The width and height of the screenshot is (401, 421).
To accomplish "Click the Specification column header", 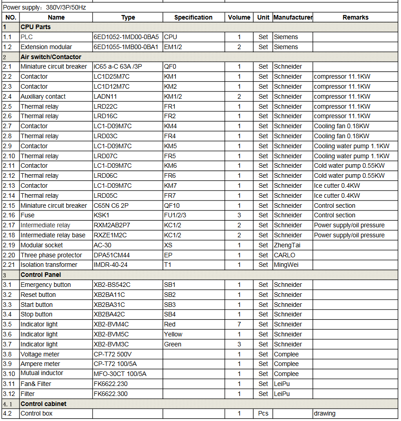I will tap(193, 17).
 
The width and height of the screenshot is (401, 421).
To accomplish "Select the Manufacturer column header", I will tap(292, 17).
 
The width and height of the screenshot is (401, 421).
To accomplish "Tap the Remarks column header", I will tap(355, 17).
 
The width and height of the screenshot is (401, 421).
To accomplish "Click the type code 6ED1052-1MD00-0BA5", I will tap(126, 37).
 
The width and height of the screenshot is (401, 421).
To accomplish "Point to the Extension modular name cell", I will tap(46, 47).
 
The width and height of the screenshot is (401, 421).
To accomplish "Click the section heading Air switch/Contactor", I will tap(51, 57).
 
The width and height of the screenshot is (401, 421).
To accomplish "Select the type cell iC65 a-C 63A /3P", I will tap(118, 66).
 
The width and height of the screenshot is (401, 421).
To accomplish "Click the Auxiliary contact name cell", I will tap(43, 96).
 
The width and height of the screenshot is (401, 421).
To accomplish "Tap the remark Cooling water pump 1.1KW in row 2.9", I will tap(351, 146).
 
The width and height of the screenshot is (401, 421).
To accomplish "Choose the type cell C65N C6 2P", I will tap(111, 205).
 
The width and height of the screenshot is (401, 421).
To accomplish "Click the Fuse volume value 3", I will tap(239, 215).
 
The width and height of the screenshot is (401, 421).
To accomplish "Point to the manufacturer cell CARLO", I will tap(284, 255).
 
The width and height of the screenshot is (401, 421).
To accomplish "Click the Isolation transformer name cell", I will tap(49, 265).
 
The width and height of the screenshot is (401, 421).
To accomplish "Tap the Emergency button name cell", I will tap(46, 285).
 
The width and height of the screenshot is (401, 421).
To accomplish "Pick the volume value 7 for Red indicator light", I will tap(239, 324).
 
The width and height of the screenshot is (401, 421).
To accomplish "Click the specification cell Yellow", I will tap(173, 334).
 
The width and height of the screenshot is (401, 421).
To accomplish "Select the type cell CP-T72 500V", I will tap(113, 354).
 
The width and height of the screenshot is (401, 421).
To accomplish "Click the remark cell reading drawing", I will tap(325, 413).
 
